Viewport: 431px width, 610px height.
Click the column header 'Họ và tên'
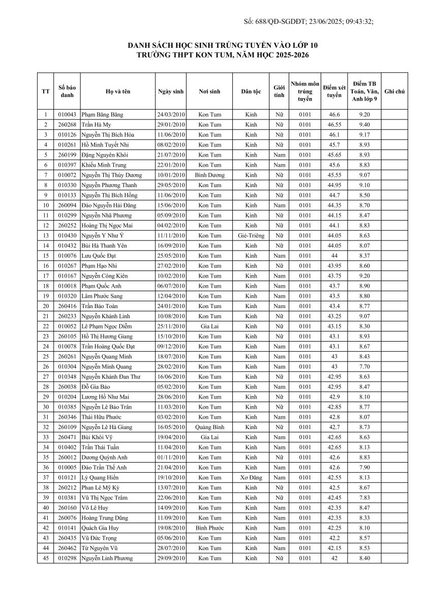point(118,91)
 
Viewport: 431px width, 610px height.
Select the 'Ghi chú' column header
point(394,91)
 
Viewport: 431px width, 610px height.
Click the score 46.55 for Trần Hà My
point(334,125)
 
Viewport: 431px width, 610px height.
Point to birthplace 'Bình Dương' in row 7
point(209,175)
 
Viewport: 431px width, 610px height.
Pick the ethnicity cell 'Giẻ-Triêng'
point(251,235)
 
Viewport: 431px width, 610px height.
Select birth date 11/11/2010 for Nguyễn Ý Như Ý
point(171,235)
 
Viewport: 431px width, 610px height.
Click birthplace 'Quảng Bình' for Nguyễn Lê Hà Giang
point(209,427)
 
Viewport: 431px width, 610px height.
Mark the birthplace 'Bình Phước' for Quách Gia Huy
point(209,528)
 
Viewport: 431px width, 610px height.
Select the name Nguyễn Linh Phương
point(107,558)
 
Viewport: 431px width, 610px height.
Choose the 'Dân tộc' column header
point(251,91)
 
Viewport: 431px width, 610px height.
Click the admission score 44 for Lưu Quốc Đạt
point(334,256)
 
